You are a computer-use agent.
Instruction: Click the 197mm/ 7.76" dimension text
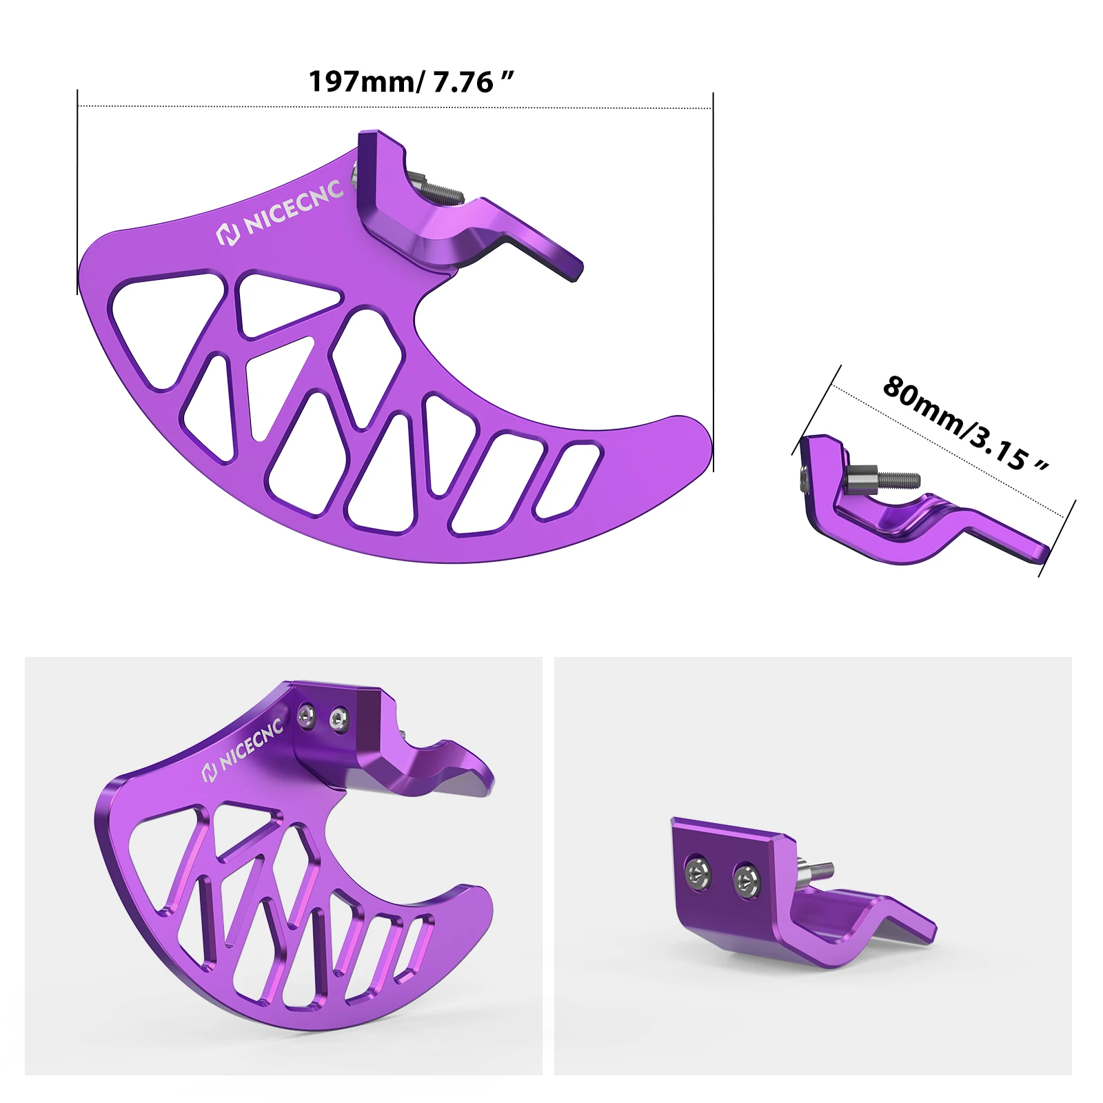click(x=411, y=82)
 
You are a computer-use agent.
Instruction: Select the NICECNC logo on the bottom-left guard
click(x=242, y=753)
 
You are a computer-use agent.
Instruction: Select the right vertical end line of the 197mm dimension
click(x=713, y=276)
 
